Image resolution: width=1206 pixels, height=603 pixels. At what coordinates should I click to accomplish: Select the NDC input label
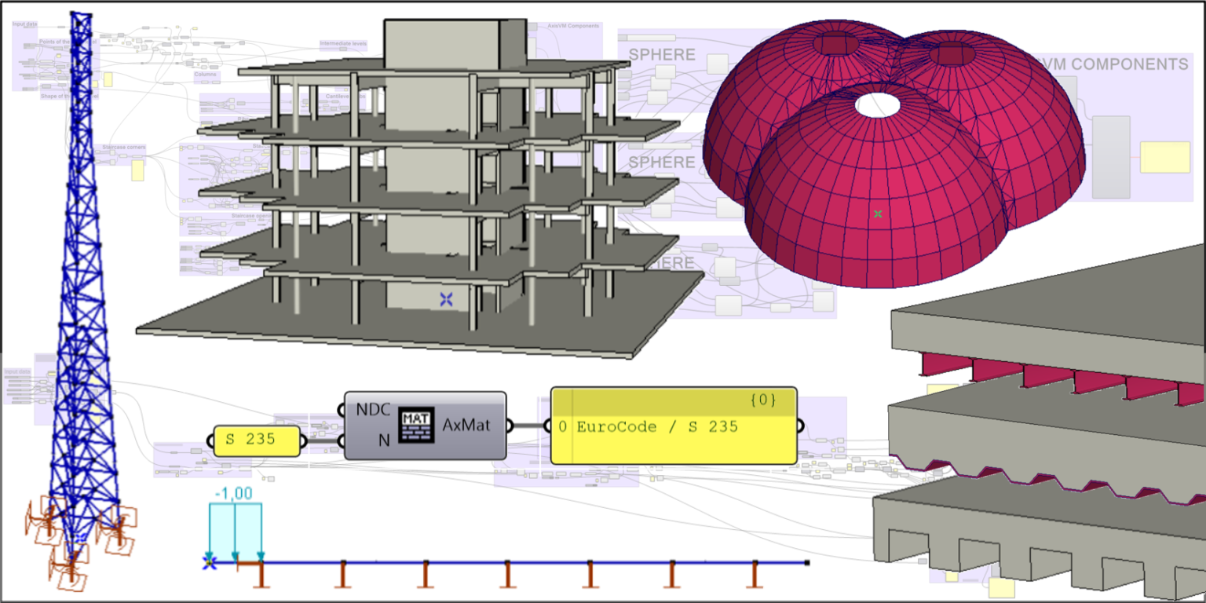click(x=374, y=410)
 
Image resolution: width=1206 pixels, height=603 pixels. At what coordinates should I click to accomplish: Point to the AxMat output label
click(x=466, y=425)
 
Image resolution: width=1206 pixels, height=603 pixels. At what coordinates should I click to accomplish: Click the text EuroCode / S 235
click(x=656, y=427)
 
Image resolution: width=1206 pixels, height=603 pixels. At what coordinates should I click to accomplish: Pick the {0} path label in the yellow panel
click(x=762, y=400)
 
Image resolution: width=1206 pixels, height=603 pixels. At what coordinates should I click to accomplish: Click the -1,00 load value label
click(x=233, y=494)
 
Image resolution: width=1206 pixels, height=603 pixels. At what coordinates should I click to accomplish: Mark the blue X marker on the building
click(x=446, y=298)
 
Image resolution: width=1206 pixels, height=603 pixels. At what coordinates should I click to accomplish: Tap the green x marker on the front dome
click(x=878, y=214)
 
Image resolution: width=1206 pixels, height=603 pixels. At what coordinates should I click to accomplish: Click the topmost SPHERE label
click(x=662, y=55)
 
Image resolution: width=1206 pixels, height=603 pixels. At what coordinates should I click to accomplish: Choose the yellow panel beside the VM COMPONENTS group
click(x=1164, y=157)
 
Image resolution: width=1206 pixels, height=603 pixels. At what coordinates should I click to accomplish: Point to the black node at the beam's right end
click(x=807, y=563)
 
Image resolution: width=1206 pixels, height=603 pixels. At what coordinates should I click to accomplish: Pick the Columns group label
click(x=205, y=76)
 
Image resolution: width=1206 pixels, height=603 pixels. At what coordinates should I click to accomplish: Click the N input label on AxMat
click(x=384, y=440)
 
